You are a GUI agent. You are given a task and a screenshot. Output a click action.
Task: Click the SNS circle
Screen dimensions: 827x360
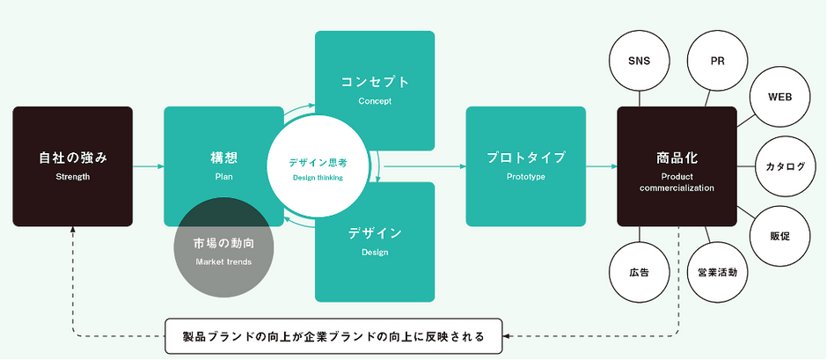[640, 62]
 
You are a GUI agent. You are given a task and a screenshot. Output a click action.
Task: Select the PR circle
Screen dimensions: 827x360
[717, 62]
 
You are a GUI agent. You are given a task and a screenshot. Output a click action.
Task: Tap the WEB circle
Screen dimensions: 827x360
[780, 98]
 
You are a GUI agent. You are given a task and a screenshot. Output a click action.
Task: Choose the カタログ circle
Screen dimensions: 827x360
[786, 167]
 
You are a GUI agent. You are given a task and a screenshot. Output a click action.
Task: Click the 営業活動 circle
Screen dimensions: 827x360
[717, 272]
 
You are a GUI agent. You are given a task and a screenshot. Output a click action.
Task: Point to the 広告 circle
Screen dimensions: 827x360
[640, 272]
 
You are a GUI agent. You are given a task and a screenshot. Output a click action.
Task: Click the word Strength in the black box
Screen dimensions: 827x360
[73, 177]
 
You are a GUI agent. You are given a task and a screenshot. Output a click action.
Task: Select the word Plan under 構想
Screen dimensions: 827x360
[223, 177]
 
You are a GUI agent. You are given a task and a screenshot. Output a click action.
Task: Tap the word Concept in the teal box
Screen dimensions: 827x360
[375, 101]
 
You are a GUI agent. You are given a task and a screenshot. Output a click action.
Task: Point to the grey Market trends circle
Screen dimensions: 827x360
[223, 247]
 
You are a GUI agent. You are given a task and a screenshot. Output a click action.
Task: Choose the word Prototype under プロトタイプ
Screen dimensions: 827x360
[526, 177]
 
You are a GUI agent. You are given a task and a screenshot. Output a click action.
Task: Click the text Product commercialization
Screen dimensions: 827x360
[677, 182]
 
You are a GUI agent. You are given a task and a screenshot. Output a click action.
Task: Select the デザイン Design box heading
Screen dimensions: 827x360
[375, 232]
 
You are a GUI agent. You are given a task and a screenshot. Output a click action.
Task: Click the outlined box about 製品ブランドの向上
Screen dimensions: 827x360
[333, 335]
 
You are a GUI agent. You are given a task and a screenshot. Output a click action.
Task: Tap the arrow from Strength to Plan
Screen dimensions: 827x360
[148, 167]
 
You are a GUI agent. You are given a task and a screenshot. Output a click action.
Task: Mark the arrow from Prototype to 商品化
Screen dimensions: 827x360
[601, 167]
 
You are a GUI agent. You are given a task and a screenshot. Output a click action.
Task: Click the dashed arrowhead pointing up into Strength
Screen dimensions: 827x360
[73, 230]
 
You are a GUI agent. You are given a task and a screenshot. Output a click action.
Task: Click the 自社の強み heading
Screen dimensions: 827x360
[73, 158]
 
